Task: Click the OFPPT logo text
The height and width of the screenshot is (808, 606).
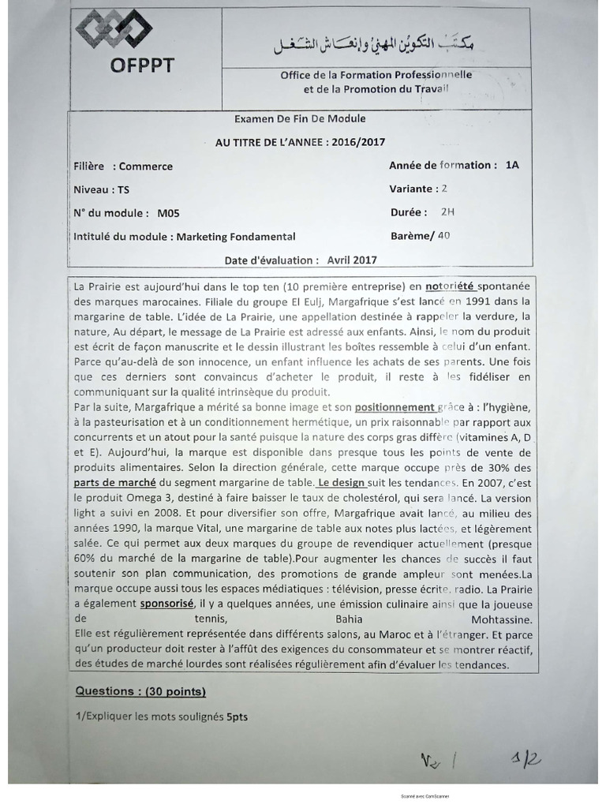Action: click(x=141, y=66)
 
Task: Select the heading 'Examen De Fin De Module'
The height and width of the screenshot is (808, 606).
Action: click(x=300, y=119)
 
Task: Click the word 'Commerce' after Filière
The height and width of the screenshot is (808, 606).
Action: click(x=145, y=166)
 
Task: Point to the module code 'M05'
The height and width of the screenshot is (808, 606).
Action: click(x=168, y=213)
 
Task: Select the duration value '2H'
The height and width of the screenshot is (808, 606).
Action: click(x=448, y=212)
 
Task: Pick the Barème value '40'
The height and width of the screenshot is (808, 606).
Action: click(x=443, y=235)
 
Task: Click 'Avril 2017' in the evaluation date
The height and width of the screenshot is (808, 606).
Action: click(x=351, y=260)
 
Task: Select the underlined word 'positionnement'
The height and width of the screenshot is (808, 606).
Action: click(x=395, y=408)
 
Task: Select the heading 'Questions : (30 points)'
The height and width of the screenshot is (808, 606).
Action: click(x=140, y=691)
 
